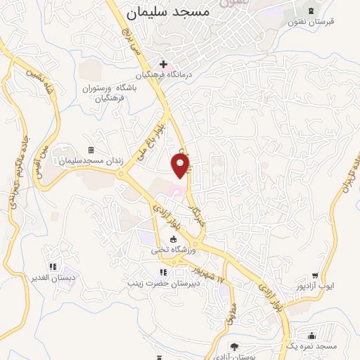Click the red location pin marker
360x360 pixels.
coord(181,166)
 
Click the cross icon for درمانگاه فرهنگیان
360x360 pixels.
coord(163,64)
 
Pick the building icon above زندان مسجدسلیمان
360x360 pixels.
coord(90,150)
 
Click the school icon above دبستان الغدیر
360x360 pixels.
coord(52,266)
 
